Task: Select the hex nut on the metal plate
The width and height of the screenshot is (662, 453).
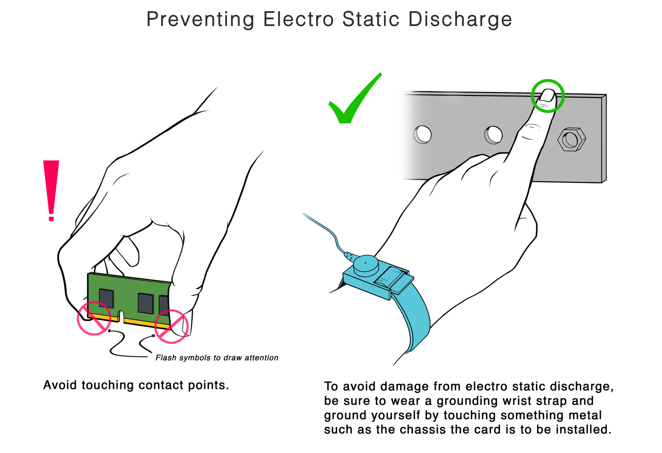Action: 571,139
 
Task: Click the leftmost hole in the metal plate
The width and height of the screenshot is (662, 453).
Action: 422,134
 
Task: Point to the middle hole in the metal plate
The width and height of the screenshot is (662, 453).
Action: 493,135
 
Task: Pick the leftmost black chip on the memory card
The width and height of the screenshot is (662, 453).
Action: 106,298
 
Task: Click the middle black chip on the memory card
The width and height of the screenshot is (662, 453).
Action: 146,303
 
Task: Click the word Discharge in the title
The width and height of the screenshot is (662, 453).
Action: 460,20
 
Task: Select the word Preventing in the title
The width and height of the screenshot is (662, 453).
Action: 200,20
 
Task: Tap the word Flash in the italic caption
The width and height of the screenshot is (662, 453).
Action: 166,358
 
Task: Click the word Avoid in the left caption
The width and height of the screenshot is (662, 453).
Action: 60,385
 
